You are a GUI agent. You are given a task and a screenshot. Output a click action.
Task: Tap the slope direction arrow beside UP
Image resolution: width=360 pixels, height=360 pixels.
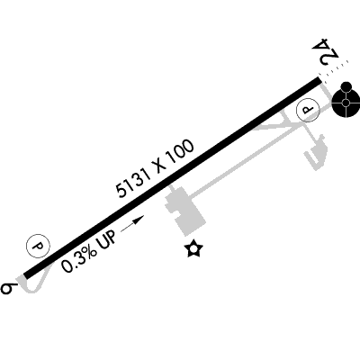coord(132,223)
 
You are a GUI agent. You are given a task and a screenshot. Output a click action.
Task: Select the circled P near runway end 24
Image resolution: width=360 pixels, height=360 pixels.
coord(308,110)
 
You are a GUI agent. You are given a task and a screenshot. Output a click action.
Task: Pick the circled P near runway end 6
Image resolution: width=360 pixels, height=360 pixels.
coord(39,247)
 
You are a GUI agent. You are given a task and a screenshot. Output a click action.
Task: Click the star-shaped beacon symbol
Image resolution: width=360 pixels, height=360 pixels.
coord(193,248)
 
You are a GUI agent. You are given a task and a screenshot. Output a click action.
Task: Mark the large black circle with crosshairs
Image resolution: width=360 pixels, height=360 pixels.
coord(346,103)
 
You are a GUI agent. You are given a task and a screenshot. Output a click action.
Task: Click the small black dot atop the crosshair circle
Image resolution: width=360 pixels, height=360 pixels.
coord(346,86)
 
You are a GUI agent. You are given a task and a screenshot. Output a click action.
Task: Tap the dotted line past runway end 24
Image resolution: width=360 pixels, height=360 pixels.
coord(334,68)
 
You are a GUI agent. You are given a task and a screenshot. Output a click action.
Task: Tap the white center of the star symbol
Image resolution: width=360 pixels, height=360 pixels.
coord(193,248)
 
